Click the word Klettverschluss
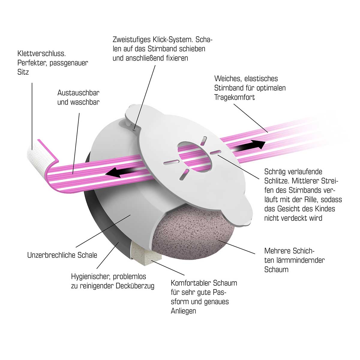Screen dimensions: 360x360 click(41, 54)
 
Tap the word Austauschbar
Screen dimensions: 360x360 click(78, 93)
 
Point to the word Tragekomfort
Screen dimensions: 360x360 click(234, 97)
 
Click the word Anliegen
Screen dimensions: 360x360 click(183, 311)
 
